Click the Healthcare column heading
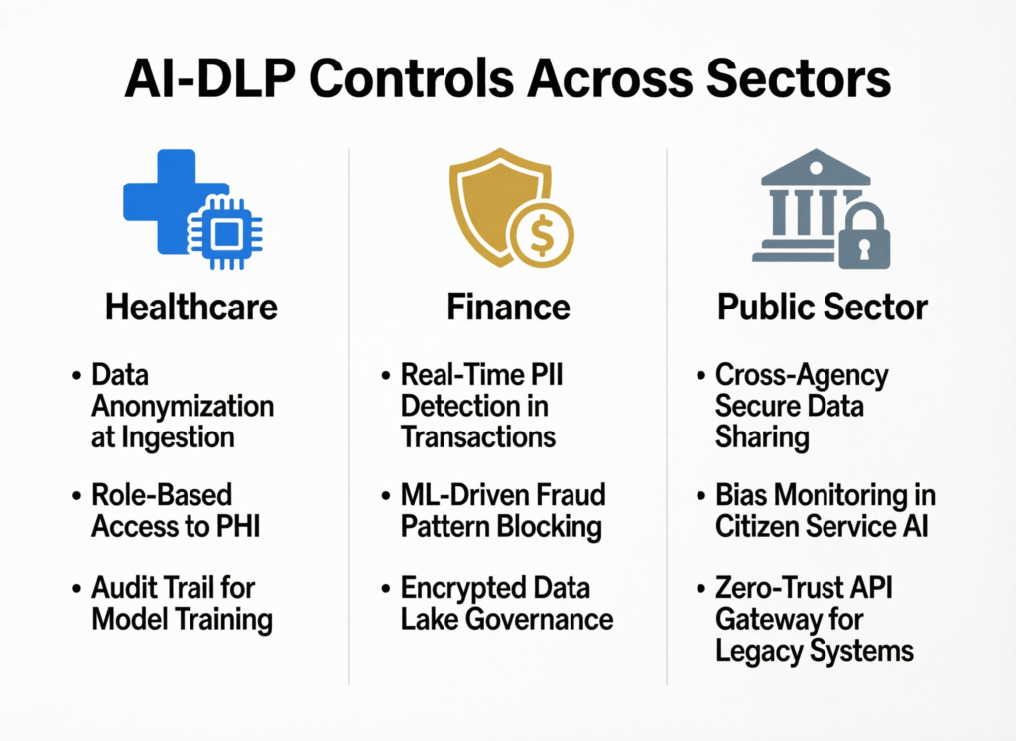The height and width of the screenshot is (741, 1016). point(190,307)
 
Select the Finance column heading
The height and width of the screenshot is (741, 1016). point(508,307)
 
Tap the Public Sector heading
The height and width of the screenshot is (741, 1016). point(822,307)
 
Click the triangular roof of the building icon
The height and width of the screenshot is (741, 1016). point(816,168)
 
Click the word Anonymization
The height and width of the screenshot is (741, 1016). point(183,406)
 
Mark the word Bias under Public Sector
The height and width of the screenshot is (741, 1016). point(742,494)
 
